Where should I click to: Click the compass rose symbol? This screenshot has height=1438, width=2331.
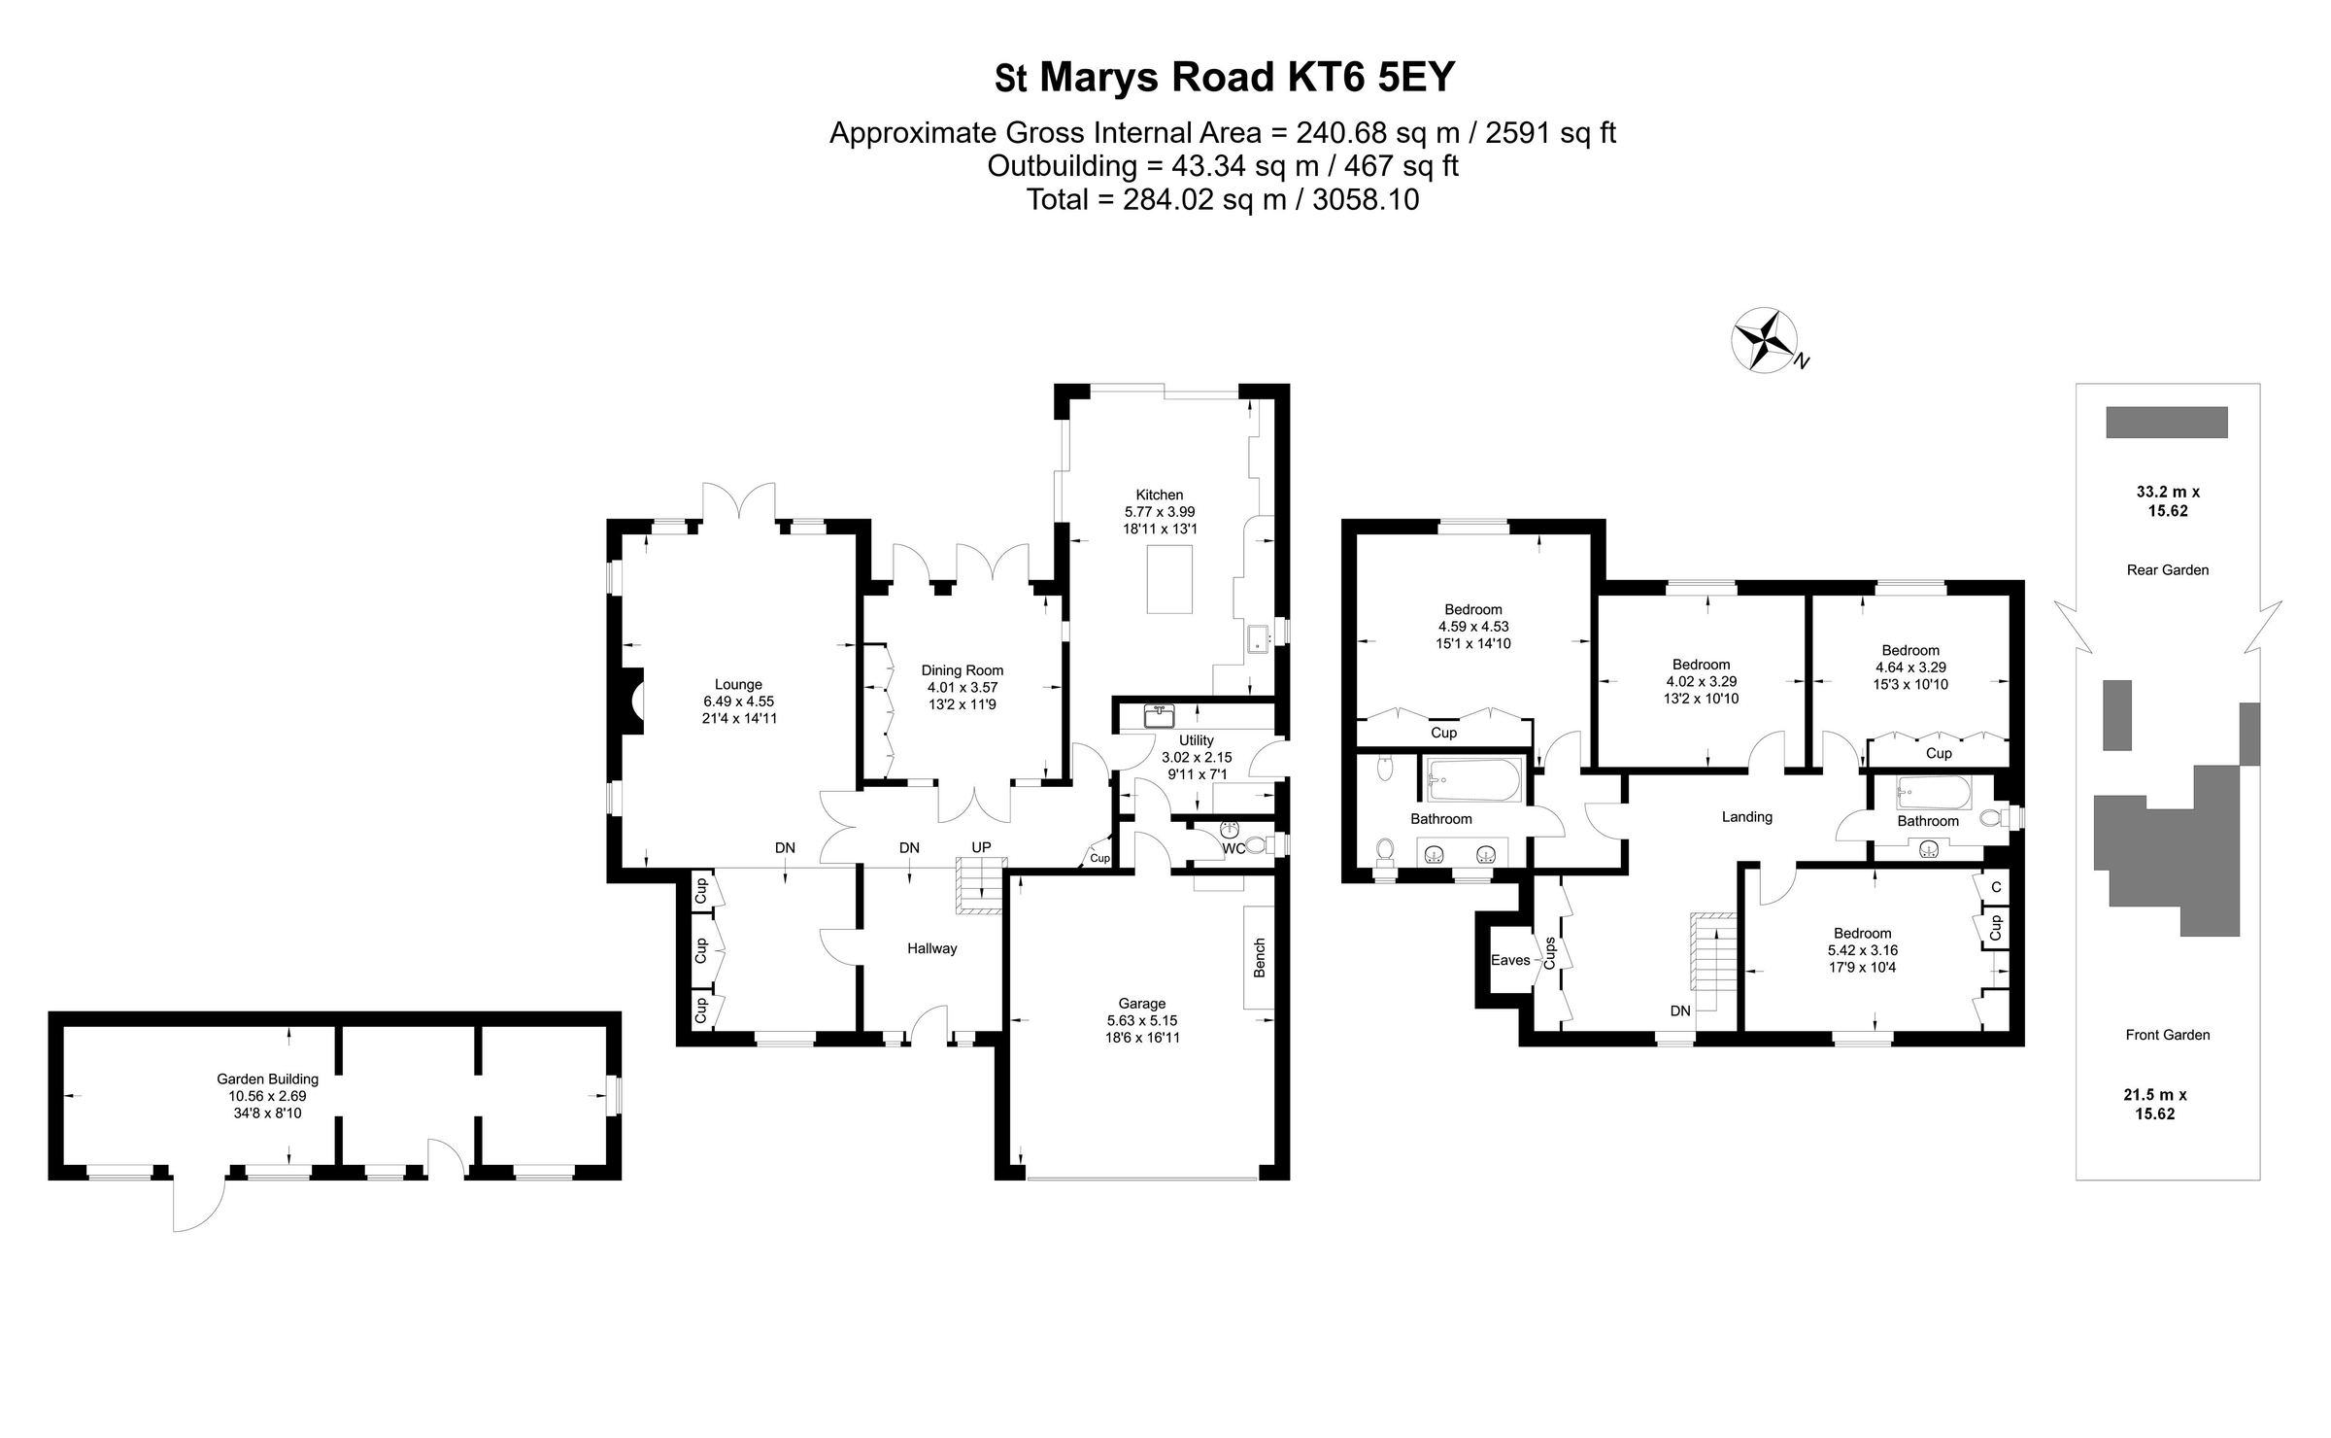point(1764,340)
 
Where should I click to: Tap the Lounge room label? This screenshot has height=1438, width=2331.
point(738,684)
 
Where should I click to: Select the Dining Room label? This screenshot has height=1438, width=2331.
point(962,670)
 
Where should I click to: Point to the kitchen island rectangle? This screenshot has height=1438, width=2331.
point(1169,580)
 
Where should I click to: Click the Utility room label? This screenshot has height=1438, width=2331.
point(1196,740)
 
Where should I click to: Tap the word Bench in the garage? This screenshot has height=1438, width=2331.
point(1260,957)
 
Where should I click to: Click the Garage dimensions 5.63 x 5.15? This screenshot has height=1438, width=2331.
point(1141,1020)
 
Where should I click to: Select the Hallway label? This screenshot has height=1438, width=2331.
point(931,948)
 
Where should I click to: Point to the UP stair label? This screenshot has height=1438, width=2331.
point(981,847)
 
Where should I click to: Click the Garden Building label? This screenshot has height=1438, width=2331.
point(267,1078)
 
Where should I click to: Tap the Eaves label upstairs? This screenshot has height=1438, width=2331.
point(1510,960)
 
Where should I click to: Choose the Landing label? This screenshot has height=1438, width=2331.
point(1746,817)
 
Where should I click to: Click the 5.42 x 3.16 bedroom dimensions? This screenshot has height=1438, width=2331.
point(1862,950)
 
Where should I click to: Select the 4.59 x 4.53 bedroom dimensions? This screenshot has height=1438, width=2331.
point(1473,627)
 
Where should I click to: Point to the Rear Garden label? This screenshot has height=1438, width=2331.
point(2167,570)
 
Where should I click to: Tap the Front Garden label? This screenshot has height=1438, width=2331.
point(2167,1035)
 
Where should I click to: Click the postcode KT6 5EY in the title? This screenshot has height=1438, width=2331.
point(1370,78)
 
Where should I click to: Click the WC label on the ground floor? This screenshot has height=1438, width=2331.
point(1233,849)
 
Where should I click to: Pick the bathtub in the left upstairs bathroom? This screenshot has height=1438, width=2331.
point(1473,780)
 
